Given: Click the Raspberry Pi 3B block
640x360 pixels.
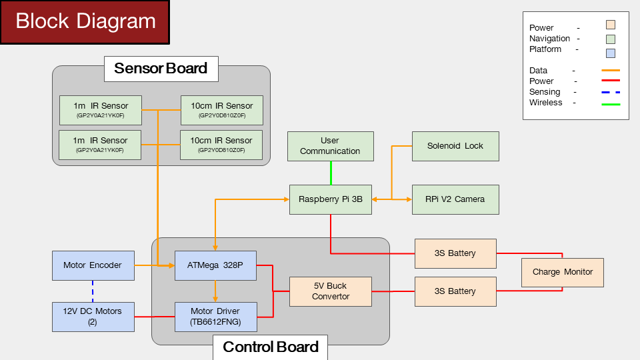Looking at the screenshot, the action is [331, 199].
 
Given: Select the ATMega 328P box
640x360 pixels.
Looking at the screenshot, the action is [215, 266].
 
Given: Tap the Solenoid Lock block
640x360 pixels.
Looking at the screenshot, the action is [455, 146].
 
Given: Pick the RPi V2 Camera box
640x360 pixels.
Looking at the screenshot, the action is [455, 199].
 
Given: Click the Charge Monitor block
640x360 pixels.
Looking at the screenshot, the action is [563, 272].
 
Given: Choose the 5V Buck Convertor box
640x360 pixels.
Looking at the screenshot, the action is [331, 291].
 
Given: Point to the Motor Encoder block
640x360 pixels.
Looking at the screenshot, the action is [93, 266].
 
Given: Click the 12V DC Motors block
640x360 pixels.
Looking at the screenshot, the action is [93, 317].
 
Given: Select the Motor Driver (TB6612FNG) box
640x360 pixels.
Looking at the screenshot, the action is [216, 317].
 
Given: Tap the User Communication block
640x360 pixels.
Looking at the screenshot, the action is [331, 146].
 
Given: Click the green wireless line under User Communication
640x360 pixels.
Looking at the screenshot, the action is [331, 173].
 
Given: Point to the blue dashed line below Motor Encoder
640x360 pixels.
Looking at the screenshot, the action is [93, 291].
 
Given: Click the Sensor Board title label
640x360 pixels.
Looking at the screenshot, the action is [161, 69].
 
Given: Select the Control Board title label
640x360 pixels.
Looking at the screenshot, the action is [270, 347].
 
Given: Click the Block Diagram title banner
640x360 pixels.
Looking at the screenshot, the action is [85, 22].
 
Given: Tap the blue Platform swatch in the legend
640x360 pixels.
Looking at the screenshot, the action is [611, 53].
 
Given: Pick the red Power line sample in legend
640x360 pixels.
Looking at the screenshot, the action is [611, 81].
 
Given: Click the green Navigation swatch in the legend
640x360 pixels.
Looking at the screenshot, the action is [611, 39].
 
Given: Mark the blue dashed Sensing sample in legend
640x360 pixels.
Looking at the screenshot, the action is [611, 92].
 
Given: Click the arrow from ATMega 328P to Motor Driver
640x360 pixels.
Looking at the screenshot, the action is [215, 291].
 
